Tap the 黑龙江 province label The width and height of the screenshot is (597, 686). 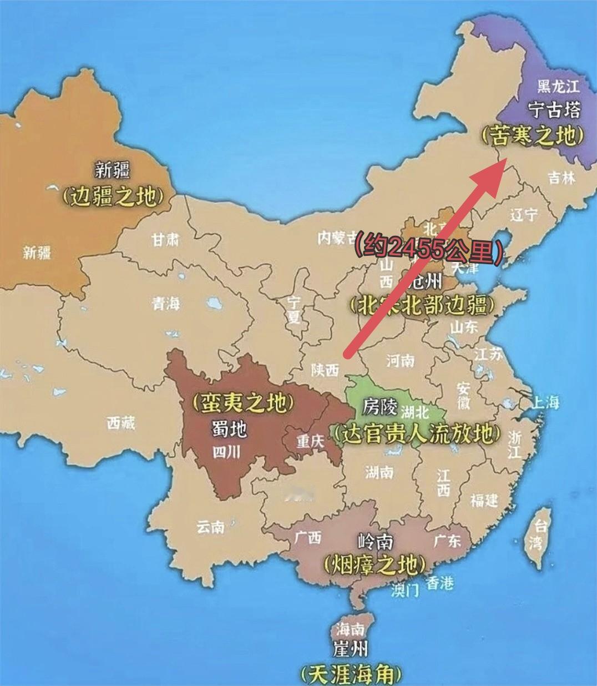point(558,86)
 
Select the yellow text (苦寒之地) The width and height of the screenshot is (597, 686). point(532,135)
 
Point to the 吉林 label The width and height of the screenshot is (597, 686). point(561,178)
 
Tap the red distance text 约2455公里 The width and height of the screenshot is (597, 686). point(429,247)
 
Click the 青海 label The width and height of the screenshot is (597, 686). point(166,303)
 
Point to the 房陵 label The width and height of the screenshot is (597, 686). point(380,407)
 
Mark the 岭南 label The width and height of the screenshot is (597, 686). point(376,541)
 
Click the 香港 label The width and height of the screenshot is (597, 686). point(440,583)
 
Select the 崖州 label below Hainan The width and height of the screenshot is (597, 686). point(351,648)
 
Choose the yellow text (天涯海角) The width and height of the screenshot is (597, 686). point(350,674)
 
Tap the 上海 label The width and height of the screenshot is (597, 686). point(546,402)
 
